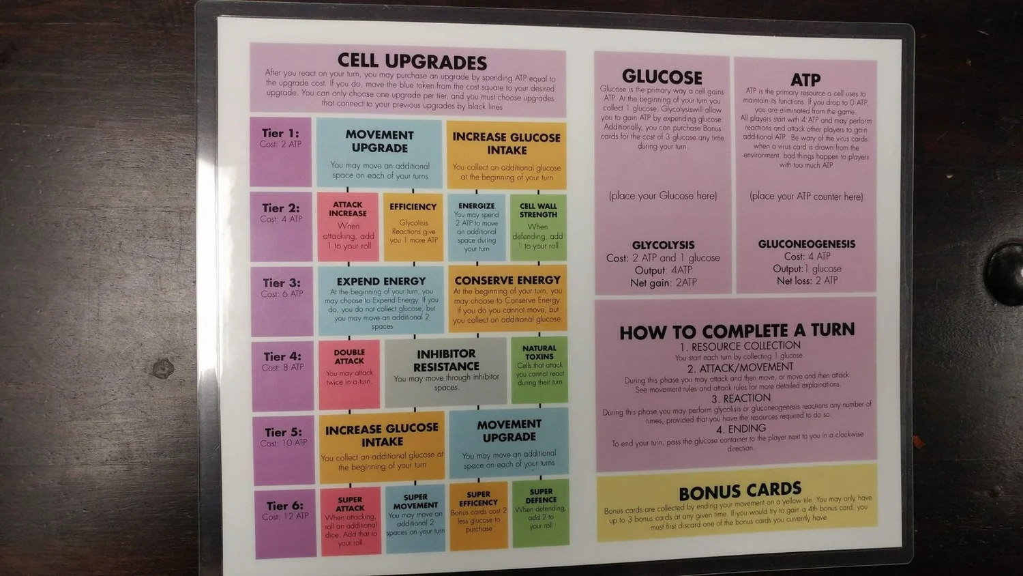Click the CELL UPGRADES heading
pos(412,62)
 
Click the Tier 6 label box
pos(286,522)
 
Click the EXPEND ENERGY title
pos(381,281)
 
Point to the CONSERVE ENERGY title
pos(507,280)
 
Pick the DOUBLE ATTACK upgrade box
pos(349,373)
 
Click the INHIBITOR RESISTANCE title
pos(447,360)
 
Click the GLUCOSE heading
pos(662,76)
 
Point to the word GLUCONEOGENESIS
pos(806,244)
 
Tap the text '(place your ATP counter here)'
pos(806,197)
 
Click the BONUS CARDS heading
pos(739,491)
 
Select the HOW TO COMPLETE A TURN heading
pos(737,332)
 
